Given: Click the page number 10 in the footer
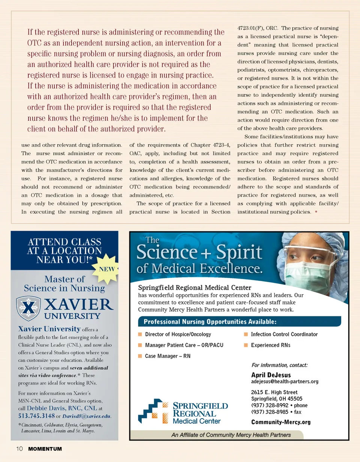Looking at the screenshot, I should point(19,449).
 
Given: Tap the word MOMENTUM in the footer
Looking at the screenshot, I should point(45,449).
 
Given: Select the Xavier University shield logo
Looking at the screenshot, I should point(28,308).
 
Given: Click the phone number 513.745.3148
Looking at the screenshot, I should point(36,416).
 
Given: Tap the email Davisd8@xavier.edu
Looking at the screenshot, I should point(86,416).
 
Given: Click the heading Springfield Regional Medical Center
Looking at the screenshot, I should point(195,287).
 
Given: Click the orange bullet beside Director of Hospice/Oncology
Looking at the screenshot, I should point(140,334).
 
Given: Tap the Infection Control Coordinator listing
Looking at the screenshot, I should point(284,334).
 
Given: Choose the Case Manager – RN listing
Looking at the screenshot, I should point(168,356).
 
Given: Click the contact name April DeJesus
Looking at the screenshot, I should point(271,375).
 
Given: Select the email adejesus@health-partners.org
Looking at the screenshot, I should point(285,381).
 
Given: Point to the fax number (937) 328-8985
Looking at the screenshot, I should point(270,412).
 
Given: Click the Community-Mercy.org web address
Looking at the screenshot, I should point(280,422).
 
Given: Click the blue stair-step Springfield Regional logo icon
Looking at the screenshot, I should point(152,411).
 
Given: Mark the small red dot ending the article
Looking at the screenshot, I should point(316,212).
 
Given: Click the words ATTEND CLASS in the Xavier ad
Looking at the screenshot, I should point(64,242).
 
